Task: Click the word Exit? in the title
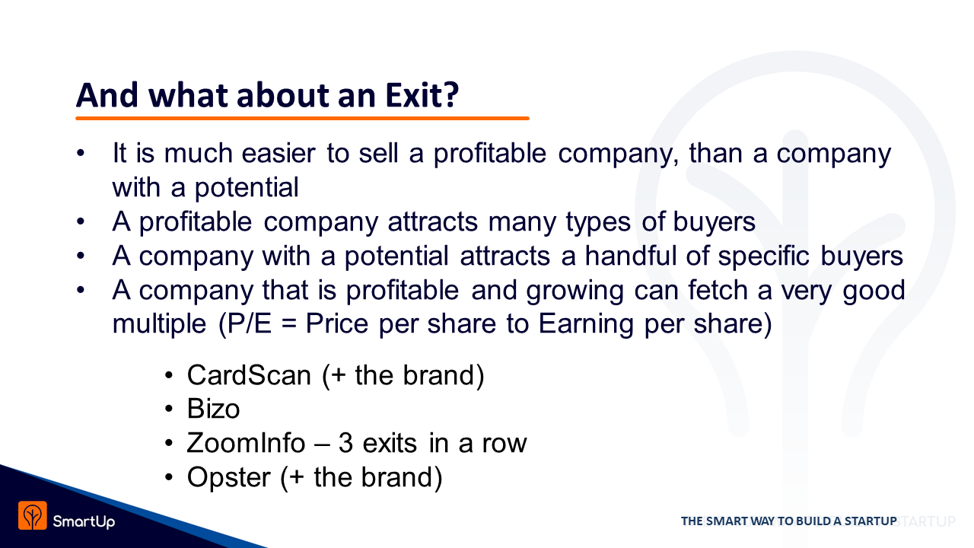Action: pyautogui.click(x=422, y=95)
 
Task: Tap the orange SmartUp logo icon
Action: pyautogui.click(x=33, y=515)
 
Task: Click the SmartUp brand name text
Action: pyautogui.click(x=84, y=521)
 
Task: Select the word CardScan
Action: pyautogui.click(x=249, y=375)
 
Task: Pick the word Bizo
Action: pyautogui.click(x=213, y=409)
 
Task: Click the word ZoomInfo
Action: pyautogui.click(x=246, y=443)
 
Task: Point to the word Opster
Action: pyautogui.click(x=229, y=478)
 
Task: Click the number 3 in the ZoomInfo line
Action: pyautogui.click(x=345, y=443)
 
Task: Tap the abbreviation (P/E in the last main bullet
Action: pyautogui.click(x=245, y=324)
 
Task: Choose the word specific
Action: pyautogui.click(x=763, y=256)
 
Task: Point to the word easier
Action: pyautogui.click(x=279, y=153)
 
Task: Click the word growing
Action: pyautogui.click(x=575, y=291)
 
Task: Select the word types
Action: pyautogui.click(x=598, y=223)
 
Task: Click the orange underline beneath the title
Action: pyautogui.click(x=302, y=118)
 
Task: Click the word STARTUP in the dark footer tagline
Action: pyautogui.click(x=871, y=521)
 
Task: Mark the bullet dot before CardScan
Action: pyautogui.click(x=169, y=375)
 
